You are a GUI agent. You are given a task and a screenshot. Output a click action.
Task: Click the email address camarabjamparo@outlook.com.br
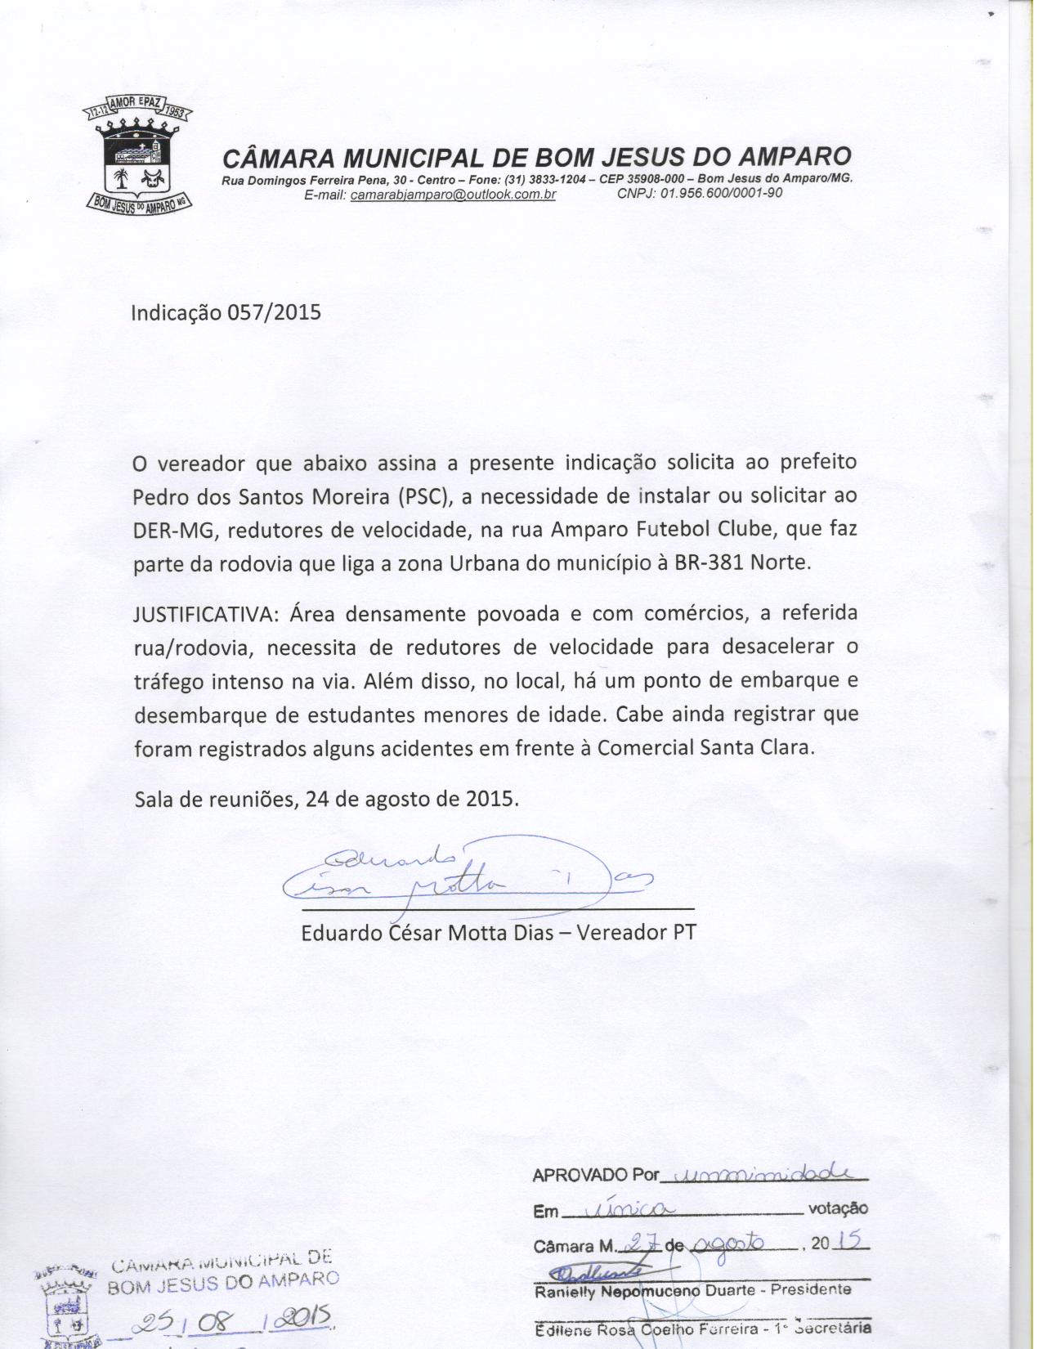click(x=453, y=195)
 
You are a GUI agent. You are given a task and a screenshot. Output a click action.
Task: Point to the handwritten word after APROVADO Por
click(x=764, y=1174)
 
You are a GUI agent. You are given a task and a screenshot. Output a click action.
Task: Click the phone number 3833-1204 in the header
click(x=555, y=178)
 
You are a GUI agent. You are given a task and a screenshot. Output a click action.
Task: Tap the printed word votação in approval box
click(x=838, y=1208)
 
